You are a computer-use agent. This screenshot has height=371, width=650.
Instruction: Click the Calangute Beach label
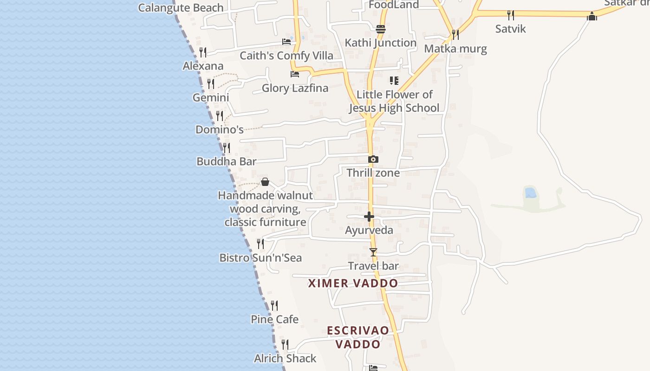point(181,8)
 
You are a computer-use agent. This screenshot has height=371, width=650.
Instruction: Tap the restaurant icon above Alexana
point(202,52)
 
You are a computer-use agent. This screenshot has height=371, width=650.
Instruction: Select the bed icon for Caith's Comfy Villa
point(286,42)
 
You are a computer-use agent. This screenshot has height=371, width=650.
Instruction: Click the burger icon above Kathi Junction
point(381,29)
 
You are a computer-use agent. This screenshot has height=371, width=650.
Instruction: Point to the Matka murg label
point(455,49)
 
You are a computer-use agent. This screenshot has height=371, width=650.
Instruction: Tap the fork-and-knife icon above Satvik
point(510,15)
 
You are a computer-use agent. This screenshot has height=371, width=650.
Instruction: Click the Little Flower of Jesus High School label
point(394,101)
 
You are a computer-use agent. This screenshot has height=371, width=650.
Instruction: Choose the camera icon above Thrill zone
point(373,159)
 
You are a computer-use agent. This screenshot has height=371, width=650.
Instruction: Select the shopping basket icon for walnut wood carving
point(265,182)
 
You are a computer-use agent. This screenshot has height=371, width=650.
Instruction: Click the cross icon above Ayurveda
point(369,217)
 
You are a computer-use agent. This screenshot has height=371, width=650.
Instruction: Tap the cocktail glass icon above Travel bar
point(373,252)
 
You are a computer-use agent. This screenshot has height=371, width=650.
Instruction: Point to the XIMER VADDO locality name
point(353,283)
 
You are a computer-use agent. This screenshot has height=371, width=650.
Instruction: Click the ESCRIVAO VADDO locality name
point(358,337)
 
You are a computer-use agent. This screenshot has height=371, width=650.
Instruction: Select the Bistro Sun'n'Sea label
point(260,258)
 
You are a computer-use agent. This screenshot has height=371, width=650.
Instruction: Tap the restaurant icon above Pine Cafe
point(274,306)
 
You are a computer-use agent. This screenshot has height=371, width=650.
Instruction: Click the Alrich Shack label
point(285,358)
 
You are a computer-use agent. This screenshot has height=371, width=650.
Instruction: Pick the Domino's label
point(219,129)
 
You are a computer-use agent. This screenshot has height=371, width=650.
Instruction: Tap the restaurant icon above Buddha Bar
point(226,148)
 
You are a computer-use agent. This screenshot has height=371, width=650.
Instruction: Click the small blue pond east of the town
point(530,192)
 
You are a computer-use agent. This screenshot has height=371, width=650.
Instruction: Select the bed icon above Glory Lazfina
point(294,74)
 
